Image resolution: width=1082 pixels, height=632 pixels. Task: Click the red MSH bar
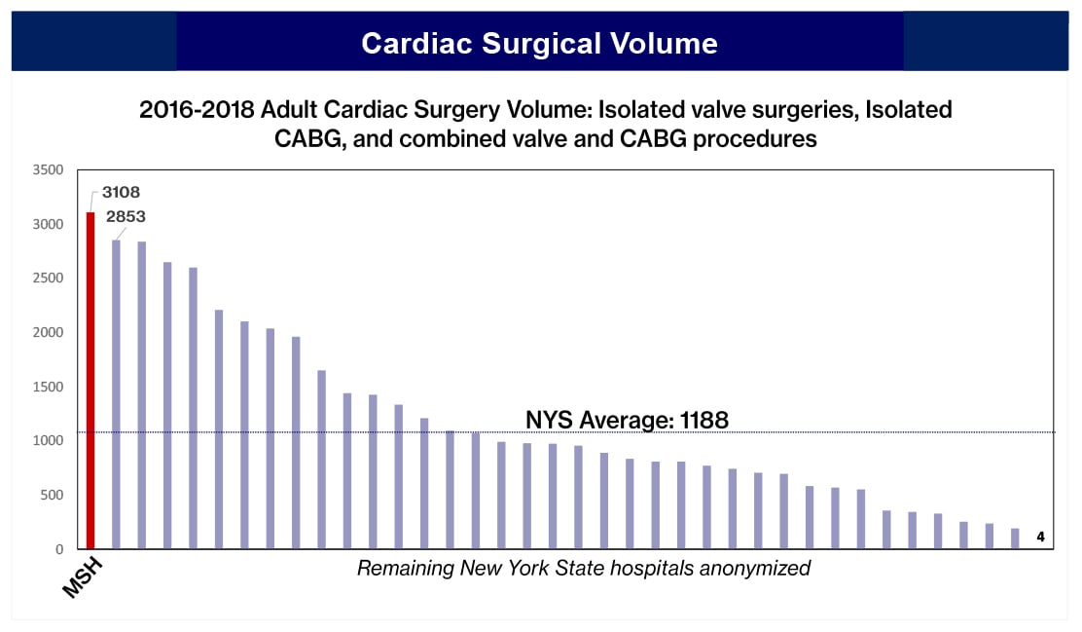(91, 380)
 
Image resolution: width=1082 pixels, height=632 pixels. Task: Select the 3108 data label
(121, 193)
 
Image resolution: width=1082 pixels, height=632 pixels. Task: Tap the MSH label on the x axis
(83, 576)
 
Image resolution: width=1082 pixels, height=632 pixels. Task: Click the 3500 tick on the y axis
(48, 170)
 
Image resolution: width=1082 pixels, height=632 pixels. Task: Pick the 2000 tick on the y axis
(48, 333)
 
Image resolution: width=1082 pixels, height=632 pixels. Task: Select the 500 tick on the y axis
(52, 496)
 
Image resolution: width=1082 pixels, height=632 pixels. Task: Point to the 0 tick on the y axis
(59, 549)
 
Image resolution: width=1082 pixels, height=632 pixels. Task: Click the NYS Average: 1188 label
(627, 420)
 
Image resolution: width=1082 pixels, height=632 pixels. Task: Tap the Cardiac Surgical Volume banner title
(539, 43)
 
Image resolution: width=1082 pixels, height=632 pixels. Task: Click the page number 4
(1040, 537)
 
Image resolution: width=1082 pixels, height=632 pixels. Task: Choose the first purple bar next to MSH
(117, 394)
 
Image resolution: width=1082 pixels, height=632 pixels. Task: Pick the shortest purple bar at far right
(1015, 539)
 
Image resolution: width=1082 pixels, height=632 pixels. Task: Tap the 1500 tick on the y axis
(48, 387)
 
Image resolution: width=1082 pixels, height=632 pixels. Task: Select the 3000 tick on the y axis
(48, 224)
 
